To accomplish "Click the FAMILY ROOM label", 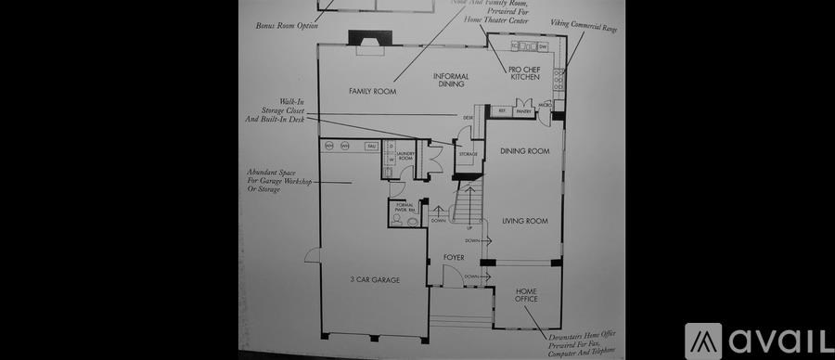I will tap(372, 91).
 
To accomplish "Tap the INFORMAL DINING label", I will tap(453, 80).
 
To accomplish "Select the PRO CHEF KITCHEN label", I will tap(524, 72).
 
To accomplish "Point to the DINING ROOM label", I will tap(524, 151).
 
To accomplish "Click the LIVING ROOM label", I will tap(525, 221).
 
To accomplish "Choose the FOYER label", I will tap(454, 256).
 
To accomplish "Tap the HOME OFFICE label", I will tap(526, 295).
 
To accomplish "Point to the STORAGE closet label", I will tap(467, 154).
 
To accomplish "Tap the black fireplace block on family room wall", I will tap(360, 38).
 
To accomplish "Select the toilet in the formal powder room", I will tap(398, 219).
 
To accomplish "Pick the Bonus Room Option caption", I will tap(287, 25).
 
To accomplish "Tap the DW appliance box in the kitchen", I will tap(543, 45).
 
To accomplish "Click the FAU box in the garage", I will tap(370, 146).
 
